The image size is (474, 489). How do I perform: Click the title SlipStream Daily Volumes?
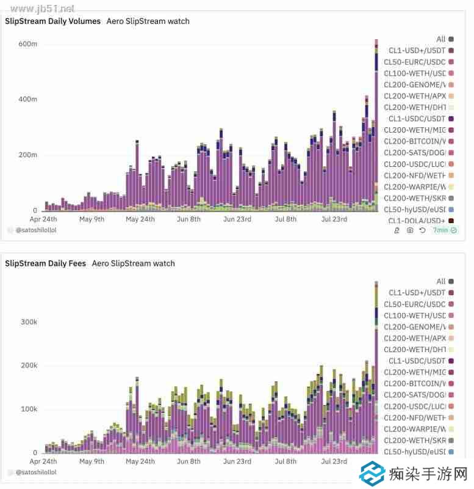(53, 21)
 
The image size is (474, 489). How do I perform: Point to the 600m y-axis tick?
(28, 44)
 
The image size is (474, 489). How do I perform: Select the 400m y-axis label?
(28, 99)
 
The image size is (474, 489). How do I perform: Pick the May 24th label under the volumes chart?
(140, 219)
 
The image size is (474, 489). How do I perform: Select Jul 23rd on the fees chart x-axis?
(334, 461)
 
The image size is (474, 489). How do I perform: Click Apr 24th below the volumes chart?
(44, 219)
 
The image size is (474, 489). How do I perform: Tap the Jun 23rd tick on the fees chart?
(237, 461)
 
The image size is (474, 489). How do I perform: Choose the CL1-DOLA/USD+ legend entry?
(417, 221)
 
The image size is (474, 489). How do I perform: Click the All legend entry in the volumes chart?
(441, 39)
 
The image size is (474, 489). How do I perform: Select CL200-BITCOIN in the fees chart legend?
(415, 384)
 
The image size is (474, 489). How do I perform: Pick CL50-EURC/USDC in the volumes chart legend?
(415, 62)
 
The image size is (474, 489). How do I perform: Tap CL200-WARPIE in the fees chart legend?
(415, 429)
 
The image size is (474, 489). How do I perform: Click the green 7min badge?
(444, 230)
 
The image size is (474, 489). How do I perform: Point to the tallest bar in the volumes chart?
(376, 122)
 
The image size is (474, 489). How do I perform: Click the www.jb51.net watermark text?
(38, 9)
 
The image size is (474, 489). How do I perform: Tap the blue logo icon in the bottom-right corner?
(372, 474)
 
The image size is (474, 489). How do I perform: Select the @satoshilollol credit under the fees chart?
(36, 472)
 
